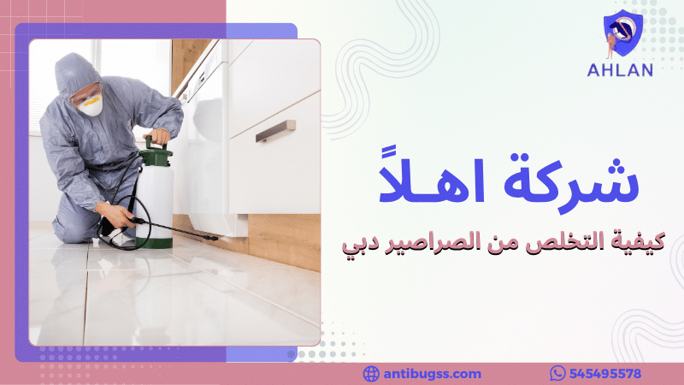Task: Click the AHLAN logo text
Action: [620, 70]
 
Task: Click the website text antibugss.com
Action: [433, 374]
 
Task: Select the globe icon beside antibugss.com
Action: [371, 374]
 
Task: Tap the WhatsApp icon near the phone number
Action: [558, 374]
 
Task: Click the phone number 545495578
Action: [609, 374]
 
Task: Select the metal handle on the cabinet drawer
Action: [275, 130]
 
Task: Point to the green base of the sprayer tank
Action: [155, 239]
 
